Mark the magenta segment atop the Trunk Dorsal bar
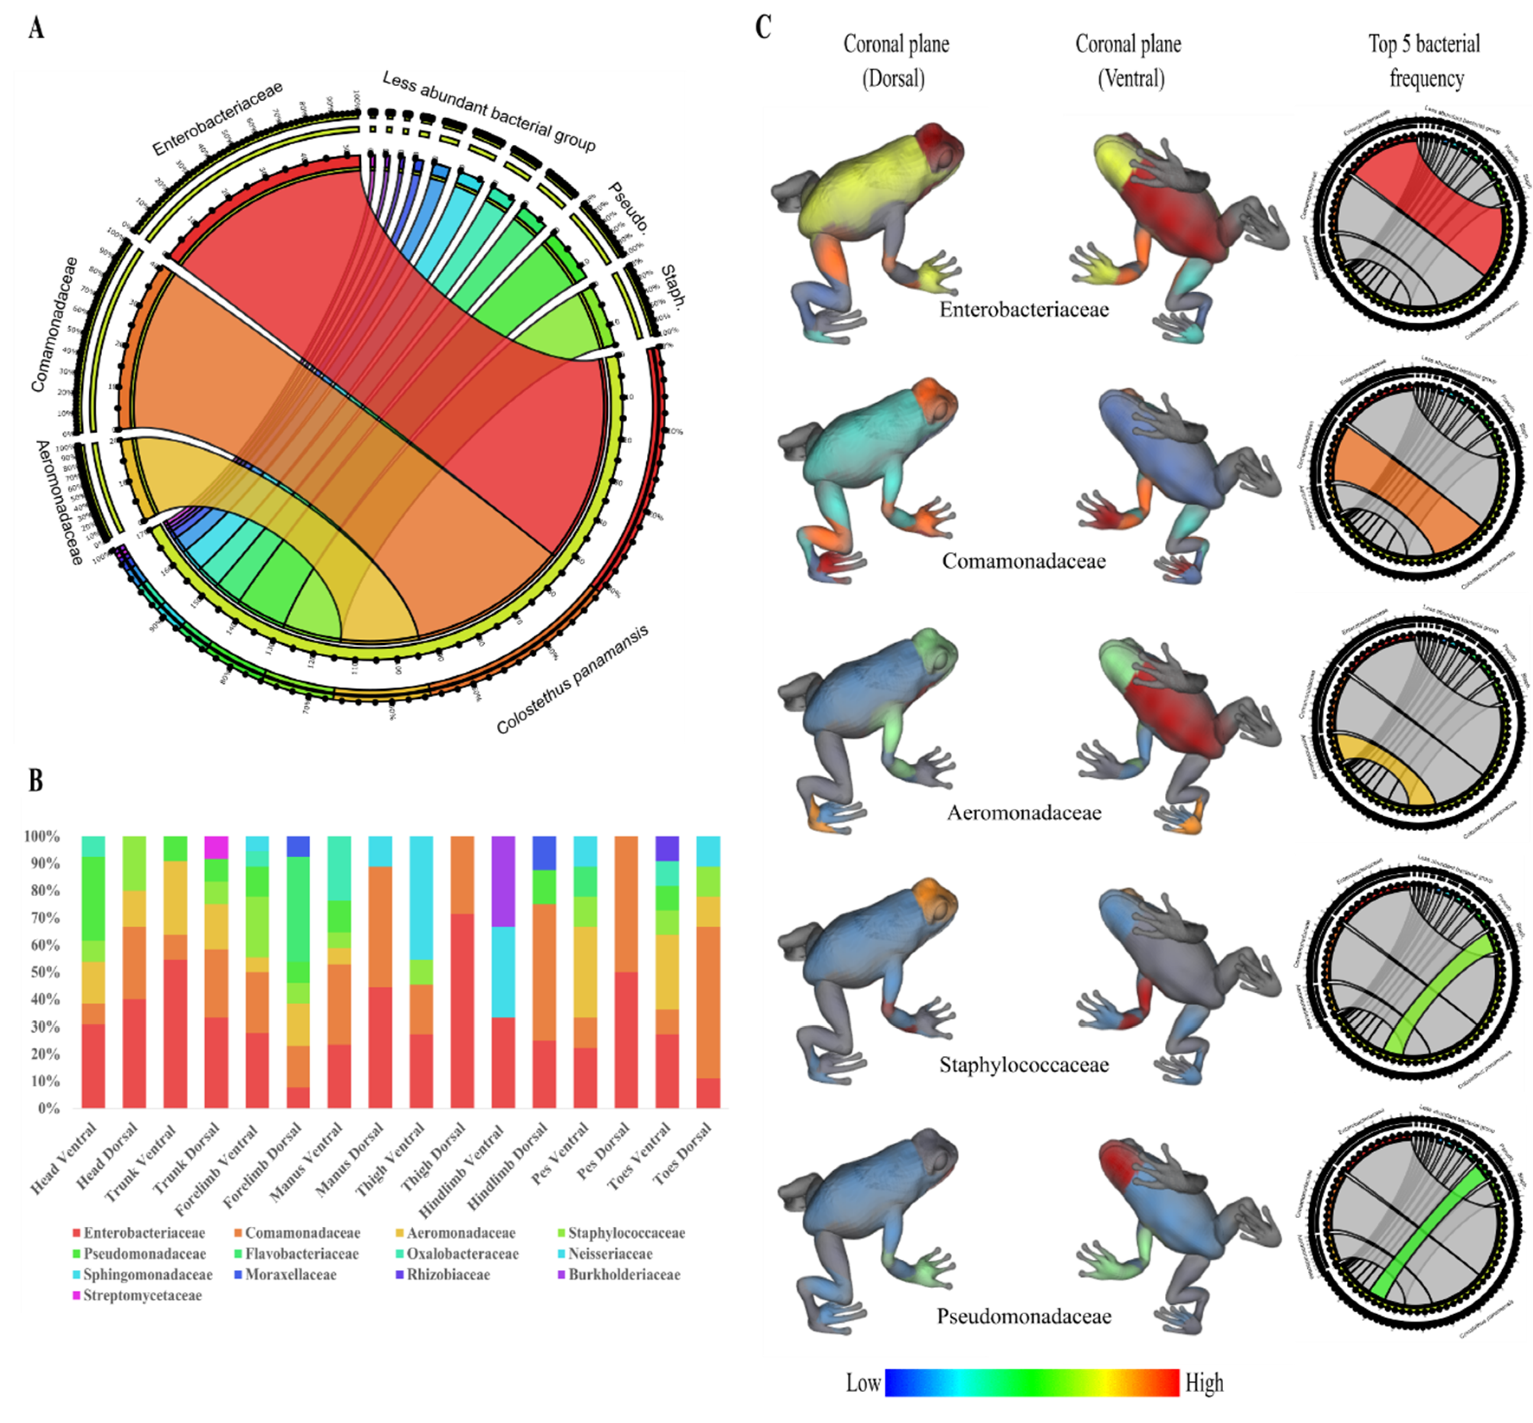click(x=216, y=847)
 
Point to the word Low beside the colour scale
click(x=862, y=1383)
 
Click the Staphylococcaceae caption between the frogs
click(x=1023, y=1065)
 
